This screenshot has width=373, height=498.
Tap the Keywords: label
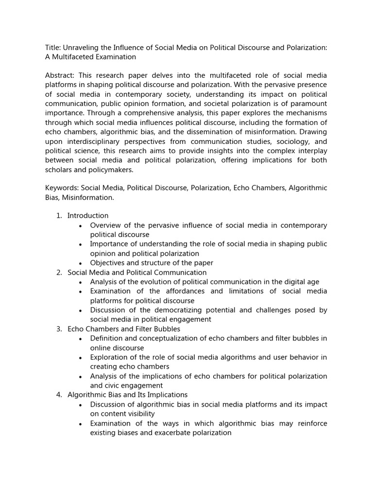tap(62, 188)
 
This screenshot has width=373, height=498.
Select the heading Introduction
tap(88, 215)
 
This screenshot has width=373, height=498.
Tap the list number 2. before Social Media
tap(59, 272)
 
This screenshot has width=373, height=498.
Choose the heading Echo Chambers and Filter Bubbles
tap(124, 329)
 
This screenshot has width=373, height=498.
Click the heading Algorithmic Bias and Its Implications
tap(127, 394)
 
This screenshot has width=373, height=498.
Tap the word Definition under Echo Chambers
tap(107, 338)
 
